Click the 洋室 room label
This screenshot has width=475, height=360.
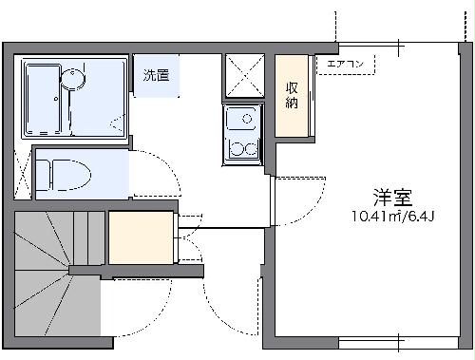coord(391,199)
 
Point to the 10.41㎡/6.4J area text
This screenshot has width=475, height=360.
coord(391,217)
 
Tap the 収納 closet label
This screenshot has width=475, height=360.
coord(293,96)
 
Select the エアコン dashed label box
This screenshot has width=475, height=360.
coord(348,65)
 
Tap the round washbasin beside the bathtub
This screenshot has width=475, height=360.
coord(73,79)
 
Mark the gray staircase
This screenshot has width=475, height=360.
coord(57,280)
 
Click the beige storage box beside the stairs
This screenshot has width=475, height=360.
coord(141,237)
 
